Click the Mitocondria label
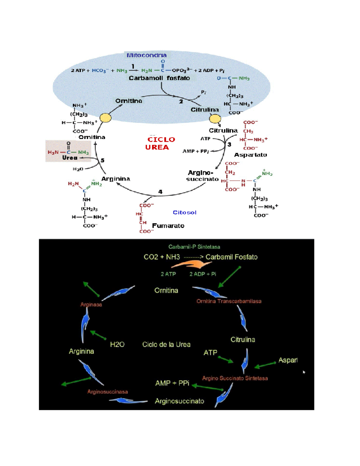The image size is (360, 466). (146, 55)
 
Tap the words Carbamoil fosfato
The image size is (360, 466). (159, 78)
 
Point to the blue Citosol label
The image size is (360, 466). (184, 212)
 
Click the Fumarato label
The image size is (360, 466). (168, 226)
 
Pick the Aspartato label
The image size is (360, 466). (250, 155)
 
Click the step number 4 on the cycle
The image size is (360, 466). (160, 192)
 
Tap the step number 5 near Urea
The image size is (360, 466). (103, 160)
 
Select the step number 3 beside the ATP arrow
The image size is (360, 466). (229, 144)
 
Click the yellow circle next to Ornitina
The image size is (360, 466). (105, 118)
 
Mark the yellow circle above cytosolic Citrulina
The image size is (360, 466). (215, 119)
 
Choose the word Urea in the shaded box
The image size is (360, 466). (70, 158)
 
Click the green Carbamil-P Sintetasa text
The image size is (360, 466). (194, 247)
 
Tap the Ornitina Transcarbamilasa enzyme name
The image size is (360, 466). (229, 301)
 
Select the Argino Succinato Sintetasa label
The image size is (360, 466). (235, 378)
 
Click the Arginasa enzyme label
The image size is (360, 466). (91, 305)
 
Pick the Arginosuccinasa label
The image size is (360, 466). (107, 392)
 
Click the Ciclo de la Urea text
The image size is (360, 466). (166, 344)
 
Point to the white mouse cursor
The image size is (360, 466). (304, 372)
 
